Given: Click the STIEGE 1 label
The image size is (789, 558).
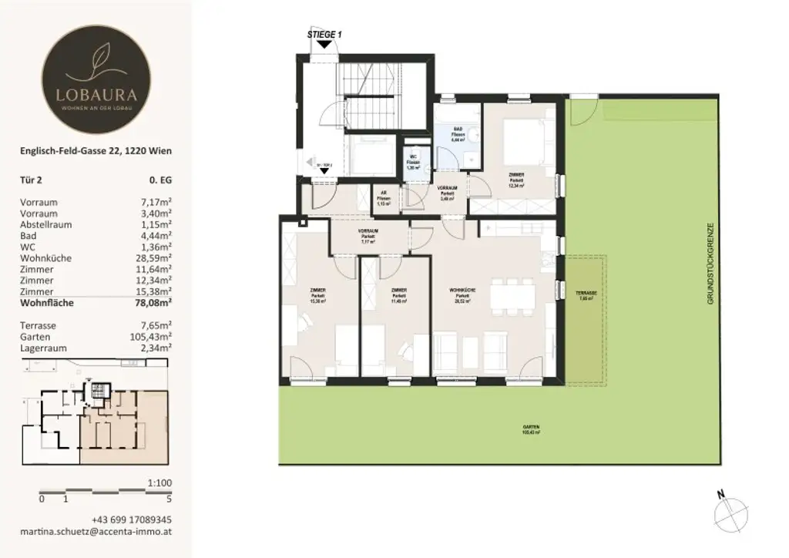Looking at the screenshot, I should coord(324,33).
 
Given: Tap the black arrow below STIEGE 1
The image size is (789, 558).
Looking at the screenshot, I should coord(324,45).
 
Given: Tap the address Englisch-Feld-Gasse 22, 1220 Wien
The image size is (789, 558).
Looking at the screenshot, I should coord(96,151).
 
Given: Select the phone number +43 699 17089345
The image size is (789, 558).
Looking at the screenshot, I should coord(132,519).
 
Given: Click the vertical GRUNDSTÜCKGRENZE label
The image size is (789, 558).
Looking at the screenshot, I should coord(713,266).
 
